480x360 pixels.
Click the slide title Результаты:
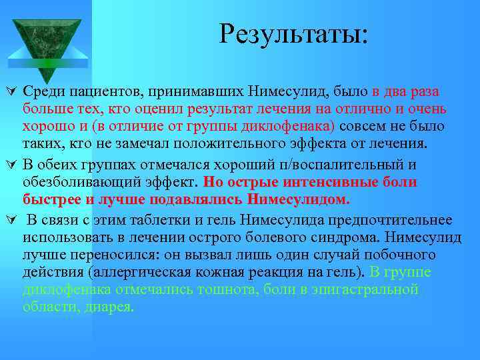tap(293, 33)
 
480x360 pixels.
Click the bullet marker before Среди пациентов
tap(10, 91)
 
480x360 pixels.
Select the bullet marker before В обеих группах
tap(10, 164)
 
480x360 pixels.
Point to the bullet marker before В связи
tap(10, 220)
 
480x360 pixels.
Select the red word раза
tap(423, 91)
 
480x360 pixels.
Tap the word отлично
tap(369, 109)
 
